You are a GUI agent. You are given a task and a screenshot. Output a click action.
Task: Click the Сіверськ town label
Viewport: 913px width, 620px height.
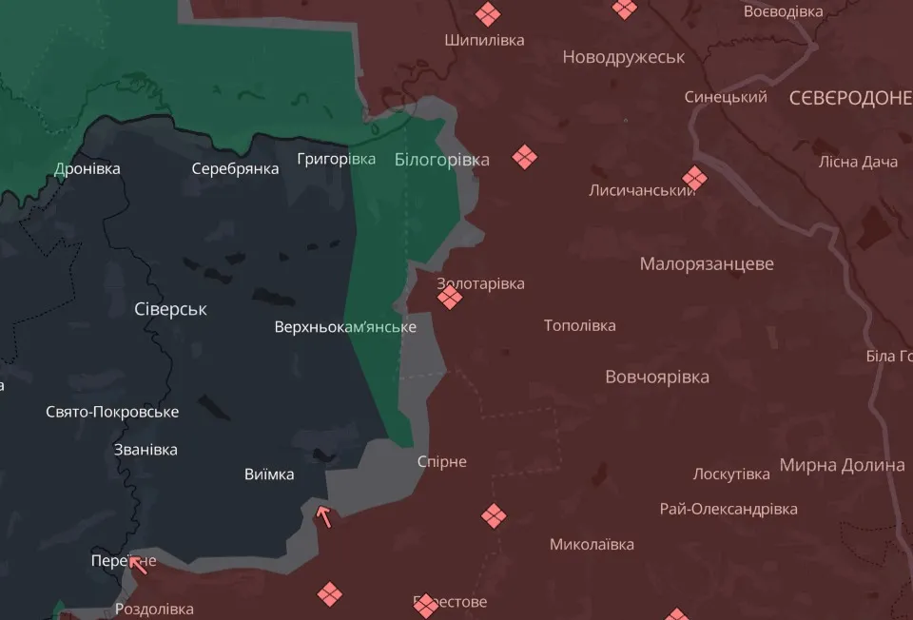click(171, 309)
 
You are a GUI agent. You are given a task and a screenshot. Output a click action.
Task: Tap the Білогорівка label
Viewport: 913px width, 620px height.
click(441, 160)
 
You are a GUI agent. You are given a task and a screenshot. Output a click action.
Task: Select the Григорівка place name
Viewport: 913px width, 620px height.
click(336, 159)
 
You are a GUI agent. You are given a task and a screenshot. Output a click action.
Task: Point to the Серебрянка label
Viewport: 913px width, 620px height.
click(235, 168)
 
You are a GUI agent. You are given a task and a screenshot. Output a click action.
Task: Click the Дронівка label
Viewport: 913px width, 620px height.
click(87, 168)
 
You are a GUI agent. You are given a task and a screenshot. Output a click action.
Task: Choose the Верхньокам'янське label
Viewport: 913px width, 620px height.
click(344, 327)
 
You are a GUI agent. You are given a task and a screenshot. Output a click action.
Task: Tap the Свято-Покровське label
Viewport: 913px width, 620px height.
click(112, 412)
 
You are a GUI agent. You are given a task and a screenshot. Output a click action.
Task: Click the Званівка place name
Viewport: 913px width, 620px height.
click(145, 450)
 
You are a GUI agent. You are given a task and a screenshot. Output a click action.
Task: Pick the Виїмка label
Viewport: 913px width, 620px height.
click(269, 475)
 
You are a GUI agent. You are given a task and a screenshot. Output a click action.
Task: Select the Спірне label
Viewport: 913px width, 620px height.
click(442, 461)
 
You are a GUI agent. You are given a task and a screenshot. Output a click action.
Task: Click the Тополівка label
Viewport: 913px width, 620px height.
click(579, 325)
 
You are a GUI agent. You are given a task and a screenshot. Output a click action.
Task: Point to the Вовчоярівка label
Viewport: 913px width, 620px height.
click(657, 377)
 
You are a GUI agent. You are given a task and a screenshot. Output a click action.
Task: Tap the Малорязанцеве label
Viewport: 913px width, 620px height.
click(707, 263)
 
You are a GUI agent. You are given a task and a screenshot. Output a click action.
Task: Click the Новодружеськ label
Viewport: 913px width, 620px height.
click(623, 57)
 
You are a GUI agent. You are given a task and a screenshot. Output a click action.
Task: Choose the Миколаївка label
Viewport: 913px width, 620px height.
click(592, 545)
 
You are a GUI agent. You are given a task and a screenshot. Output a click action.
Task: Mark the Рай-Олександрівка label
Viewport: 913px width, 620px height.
click(728, 509)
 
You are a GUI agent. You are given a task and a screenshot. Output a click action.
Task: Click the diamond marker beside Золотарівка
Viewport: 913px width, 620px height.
click(450, 299)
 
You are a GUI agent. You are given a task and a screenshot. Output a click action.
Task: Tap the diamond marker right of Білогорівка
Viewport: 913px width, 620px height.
click(524, 157)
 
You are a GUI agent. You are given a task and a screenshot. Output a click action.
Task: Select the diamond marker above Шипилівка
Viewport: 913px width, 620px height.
click(488, 13)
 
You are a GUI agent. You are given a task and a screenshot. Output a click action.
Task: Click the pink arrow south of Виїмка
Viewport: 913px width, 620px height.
click(324, 517)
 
